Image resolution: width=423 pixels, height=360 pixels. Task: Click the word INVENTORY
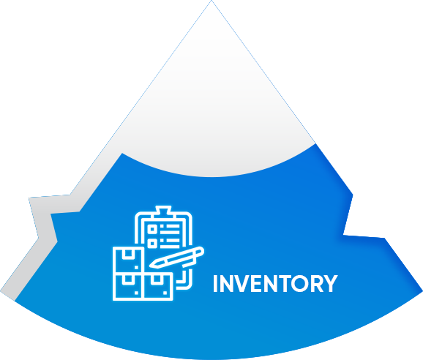click(x=275, y=283)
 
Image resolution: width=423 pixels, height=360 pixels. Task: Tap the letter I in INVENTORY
click(x=215, y=283)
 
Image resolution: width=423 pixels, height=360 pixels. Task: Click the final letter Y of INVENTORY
click(x=331, y=283)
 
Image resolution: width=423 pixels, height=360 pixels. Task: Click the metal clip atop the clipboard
click(x=163, y=211)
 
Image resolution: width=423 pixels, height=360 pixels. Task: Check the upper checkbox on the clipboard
click(x=152, y=229)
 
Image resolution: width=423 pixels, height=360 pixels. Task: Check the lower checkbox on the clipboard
click(x=152, y=244)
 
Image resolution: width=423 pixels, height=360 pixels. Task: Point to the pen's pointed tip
click(x=151, y=266)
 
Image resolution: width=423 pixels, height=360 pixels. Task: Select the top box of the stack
click(x=128, y=260)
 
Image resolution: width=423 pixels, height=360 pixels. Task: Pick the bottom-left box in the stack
click(x=128, y=287)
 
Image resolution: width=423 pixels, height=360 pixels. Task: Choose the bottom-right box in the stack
click(x=158, y=287)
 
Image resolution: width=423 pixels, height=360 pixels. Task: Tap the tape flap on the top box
click(x=128, y=254)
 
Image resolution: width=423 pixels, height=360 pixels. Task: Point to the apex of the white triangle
click(x=211, y=1)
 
